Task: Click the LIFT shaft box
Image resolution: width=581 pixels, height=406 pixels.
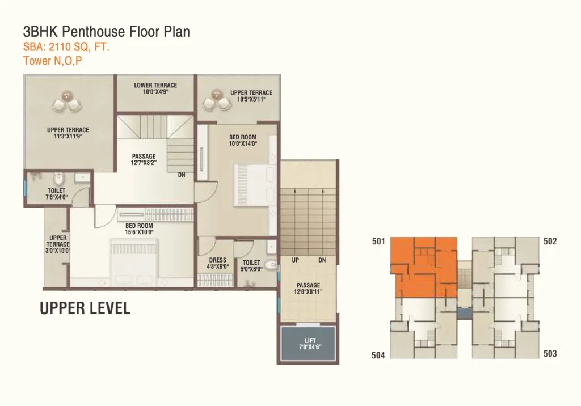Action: [308, 344]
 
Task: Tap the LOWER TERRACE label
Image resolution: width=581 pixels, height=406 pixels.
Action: [155, 85]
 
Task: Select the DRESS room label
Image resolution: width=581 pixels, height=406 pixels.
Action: [217, 260]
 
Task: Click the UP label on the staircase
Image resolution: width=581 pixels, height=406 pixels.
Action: [295, 260]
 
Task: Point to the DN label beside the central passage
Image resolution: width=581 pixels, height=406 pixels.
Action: [182, 175]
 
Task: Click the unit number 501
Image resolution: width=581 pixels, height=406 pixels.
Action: [378, 242]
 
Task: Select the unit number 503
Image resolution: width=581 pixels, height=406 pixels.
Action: [550, 354]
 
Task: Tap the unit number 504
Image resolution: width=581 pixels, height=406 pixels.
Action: [378, 355]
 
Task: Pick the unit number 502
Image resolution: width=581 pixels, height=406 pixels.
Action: [550, 242]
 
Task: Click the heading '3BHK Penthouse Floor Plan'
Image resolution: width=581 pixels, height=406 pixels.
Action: [106, 32]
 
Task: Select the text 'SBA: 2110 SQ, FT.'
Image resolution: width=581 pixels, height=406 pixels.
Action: [66, 48]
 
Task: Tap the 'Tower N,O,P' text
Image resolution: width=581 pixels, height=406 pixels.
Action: [53, 61]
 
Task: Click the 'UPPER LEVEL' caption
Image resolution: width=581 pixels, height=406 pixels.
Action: [85, 308]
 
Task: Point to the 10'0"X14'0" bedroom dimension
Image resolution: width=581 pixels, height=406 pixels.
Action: [243, 143]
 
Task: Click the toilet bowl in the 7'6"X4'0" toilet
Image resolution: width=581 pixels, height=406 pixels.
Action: [58, 179]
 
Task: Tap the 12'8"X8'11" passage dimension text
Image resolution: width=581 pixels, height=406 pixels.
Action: [308, 291]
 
